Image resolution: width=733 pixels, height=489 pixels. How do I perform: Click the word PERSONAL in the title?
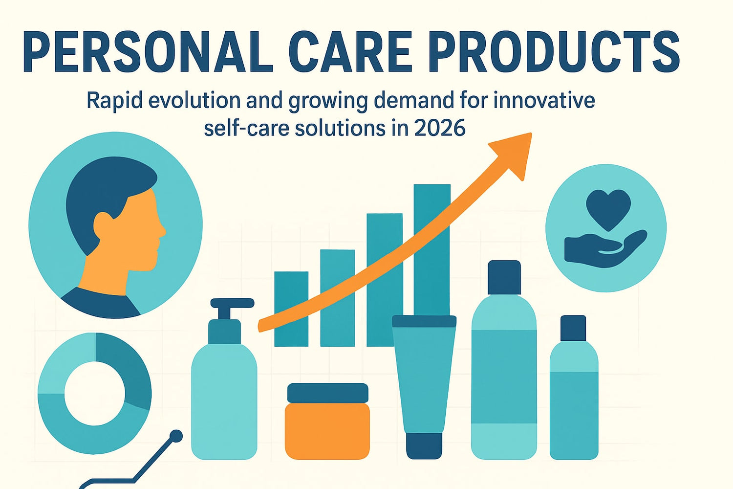(x=147, y=53)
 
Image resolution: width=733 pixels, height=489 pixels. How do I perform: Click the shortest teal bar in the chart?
(x=291, y=308)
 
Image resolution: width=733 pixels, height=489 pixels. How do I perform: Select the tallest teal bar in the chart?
(x=432, y=244)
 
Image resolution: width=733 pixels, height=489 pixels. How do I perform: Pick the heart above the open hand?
(x=608, y=208)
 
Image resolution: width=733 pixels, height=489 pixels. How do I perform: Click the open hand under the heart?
(x=604, y=249)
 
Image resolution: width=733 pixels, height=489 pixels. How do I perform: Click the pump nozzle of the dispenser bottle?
(x=232, y=303)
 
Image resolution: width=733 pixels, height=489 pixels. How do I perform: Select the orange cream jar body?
(x=327, y=430)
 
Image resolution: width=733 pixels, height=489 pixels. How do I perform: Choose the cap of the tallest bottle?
(x=504, y=277)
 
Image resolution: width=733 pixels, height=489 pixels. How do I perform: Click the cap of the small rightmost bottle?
(x=573, y=328)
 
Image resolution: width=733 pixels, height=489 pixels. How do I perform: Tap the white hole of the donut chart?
(x=94, y=393)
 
